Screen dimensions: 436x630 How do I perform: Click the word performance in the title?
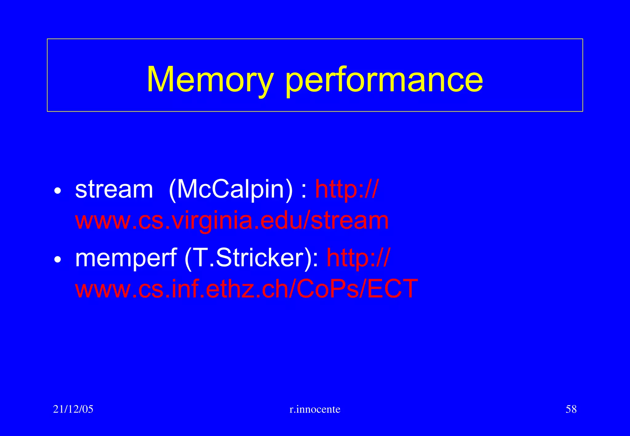(384, 81)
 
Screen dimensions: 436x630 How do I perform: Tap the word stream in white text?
(114, 190)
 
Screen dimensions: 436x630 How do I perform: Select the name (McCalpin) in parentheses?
(231, 190)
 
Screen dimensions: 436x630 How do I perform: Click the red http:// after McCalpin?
(347, 189)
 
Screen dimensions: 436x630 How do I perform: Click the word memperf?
(126, 258)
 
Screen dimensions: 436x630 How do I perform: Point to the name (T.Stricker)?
(252, 258)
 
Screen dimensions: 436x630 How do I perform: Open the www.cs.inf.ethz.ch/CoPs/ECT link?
(246, 289)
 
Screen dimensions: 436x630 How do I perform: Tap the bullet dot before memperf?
(58, 260)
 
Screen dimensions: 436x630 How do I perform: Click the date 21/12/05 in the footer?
(73, 409)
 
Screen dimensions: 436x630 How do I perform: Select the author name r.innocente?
(315, 409)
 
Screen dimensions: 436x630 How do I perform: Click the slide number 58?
(571, 409)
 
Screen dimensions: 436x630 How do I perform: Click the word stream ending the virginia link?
(350, 221)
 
